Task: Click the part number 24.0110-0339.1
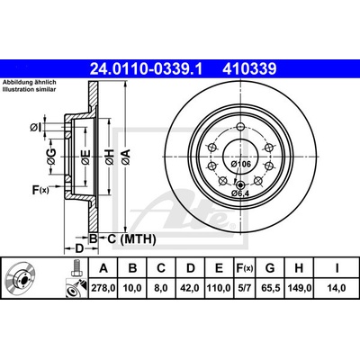(147, 69)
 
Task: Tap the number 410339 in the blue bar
(249, 69)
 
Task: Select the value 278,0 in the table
(103, 288)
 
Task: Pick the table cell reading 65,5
(270, 288)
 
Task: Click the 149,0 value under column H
(300, 288)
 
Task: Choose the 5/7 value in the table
(243, 288)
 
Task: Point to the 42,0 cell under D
(191, 288)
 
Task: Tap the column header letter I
(337, 268)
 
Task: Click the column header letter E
(220, 268)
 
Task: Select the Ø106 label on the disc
(241, 164)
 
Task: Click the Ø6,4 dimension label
(239, 193)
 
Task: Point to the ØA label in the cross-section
(126, 157)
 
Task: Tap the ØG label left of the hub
(51, 157)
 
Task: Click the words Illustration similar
(29, 89)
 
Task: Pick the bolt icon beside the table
(76, 268)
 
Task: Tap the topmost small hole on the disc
(241, 127)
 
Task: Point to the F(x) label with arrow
(40, 189)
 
